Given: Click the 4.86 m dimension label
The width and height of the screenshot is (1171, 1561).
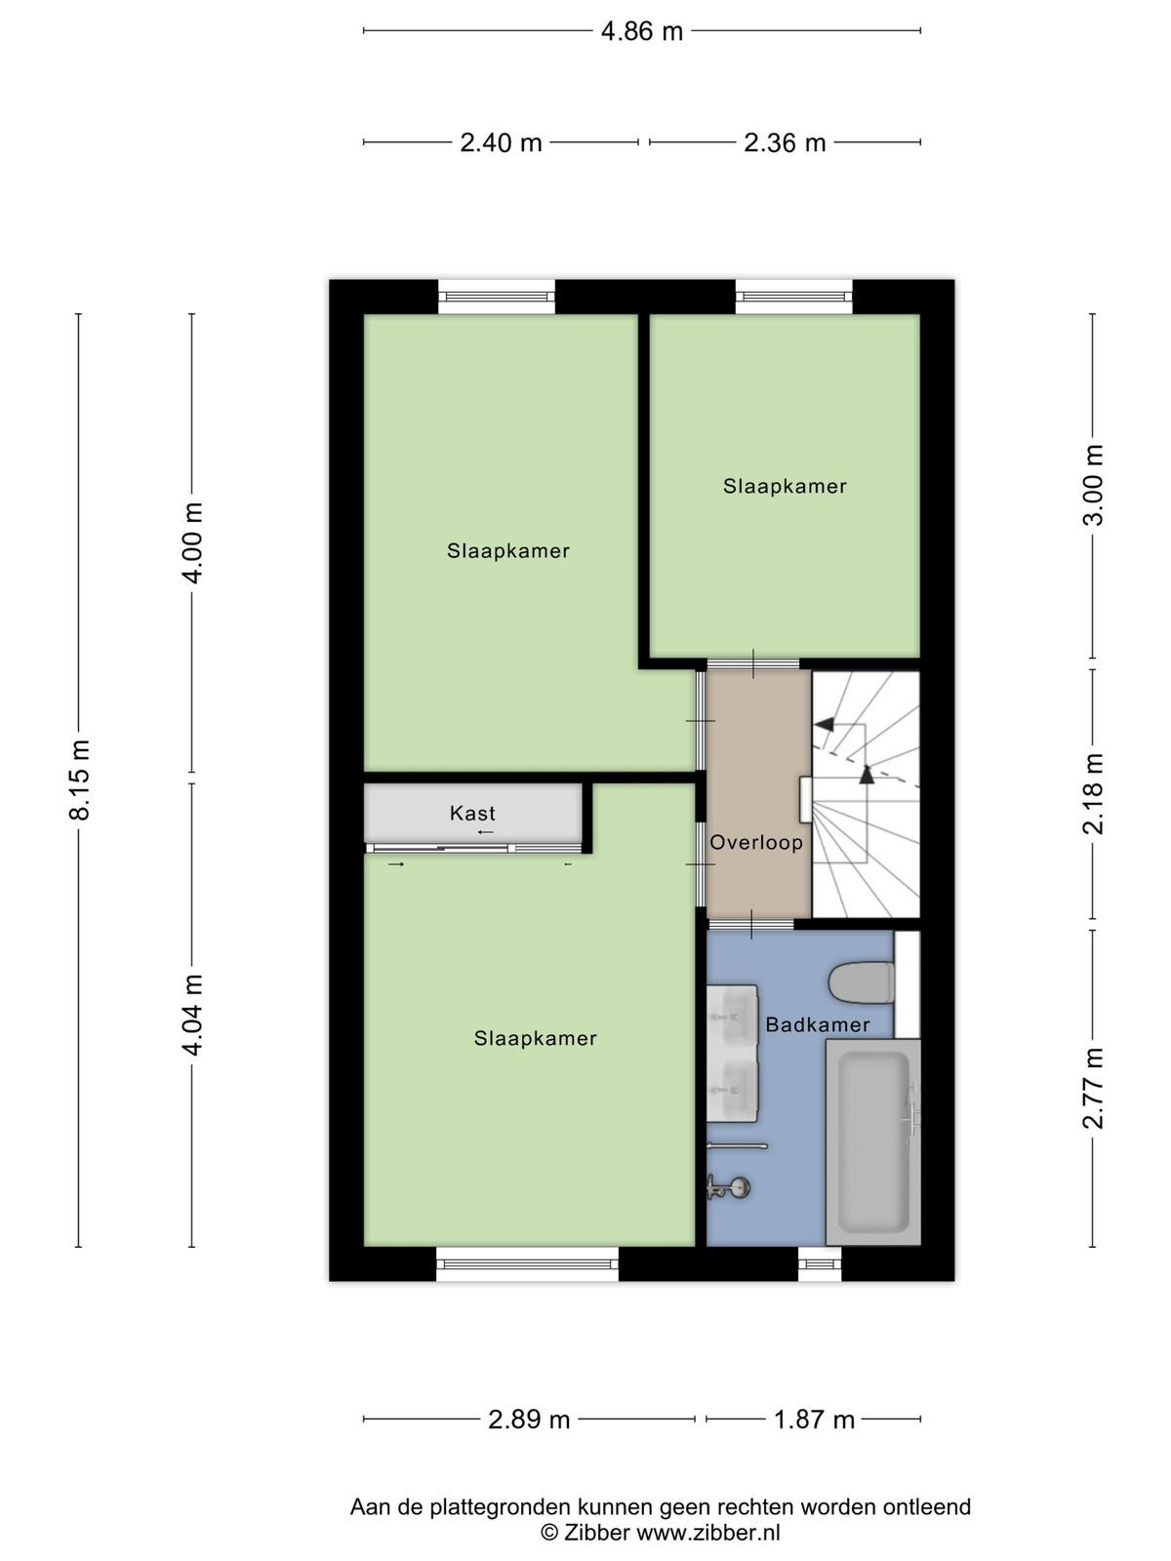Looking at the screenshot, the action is tap(641, 31).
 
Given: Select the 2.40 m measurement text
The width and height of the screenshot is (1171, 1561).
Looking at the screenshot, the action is tap(501, 143).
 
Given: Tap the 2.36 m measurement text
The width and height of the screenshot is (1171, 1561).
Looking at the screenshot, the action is tap(785, 143).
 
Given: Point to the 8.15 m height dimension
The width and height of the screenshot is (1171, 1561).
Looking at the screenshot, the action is tap(80, 780).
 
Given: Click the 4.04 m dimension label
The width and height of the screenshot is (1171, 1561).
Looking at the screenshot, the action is tap(193, 1015).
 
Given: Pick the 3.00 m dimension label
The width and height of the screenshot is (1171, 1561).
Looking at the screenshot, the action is tap(1093, 485).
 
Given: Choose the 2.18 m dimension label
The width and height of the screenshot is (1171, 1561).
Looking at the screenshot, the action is tap(1093, 793).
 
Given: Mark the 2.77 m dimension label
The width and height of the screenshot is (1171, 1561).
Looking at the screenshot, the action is tap(1093, 1088).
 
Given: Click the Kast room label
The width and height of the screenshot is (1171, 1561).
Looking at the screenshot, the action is tap(472, 813).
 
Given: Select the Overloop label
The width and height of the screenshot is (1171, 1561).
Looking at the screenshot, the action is tap(756, 842).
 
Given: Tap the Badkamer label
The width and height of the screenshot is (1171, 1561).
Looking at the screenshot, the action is tap(818, 1024).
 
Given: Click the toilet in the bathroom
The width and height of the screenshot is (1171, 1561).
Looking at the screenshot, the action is tap(861, 982).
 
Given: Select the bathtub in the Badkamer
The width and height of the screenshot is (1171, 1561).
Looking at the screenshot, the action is tap(873, 1142).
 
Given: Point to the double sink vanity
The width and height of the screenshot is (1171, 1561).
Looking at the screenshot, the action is tap(732, 1054).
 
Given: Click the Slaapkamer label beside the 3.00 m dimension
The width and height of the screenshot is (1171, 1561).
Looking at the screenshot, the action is tap(785, 487).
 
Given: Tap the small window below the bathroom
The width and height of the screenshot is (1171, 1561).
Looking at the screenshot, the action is tap(820, 1263).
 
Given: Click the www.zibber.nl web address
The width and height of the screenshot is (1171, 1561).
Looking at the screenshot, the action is tap(708, 1533).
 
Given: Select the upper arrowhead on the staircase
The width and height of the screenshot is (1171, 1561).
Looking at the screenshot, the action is tap(825, 724).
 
